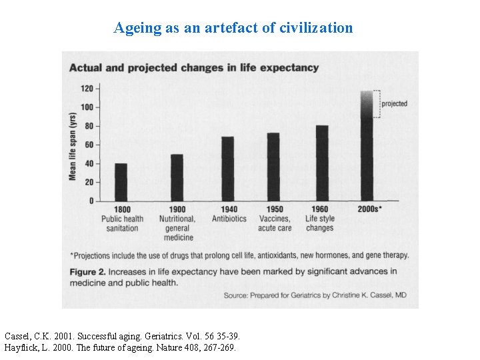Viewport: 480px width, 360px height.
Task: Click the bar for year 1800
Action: point(121,182)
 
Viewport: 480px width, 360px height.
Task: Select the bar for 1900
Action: point(177,177)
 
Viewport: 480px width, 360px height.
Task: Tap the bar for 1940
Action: point(228,169)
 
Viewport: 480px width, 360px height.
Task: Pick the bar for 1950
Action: point(273,167)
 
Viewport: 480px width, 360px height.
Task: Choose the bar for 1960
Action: point(322,163)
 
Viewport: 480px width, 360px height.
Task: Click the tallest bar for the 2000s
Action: point(367,147)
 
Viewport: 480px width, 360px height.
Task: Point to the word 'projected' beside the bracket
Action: point(394,104)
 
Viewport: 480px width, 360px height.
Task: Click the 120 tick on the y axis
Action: point(87,88)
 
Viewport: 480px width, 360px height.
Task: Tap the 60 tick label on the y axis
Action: point(89,145)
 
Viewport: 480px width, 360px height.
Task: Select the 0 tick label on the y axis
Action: point(91,201)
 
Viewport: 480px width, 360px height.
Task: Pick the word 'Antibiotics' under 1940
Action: point(229,219)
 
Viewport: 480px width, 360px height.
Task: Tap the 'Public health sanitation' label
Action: point(122,223)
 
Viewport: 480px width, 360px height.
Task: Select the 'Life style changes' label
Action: point(320,223)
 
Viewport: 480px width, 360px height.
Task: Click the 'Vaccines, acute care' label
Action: point(274,223)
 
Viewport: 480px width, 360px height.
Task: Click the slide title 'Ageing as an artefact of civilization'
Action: point(233,28)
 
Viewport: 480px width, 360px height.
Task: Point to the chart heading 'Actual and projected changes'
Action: point(194,67)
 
